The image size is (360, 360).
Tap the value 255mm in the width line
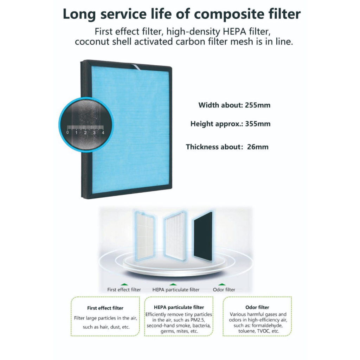click(x=258, y=105)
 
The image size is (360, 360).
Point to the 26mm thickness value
click(x=258, y=147)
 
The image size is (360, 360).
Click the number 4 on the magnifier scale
click(x=103, y=133)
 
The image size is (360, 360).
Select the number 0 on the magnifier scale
click(x=68, y=133)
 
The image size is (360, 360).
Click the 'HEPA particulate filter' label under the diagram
click(x=176, y=290)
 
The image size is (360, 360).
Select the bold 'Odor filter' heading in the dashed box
click(x=257, y=307)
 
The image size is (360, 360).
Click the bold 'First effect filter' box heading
click(x=105, y=308)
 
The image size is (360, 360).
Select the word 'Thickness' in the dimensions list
click(x=202, y=147)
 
